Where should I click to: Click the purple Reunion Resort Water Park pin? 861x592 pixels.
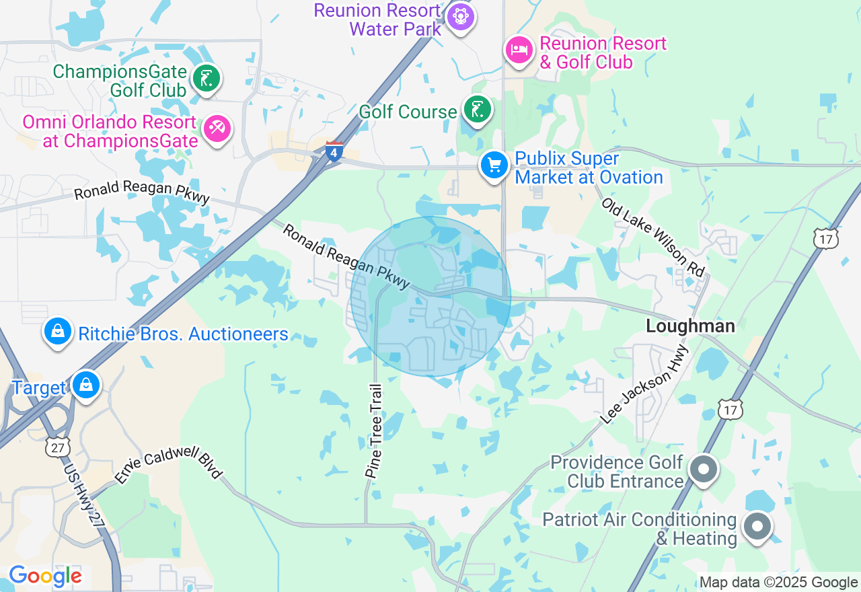click(x=460, y=15)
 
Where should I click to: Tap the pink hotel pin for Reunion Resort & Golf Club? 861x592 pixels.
click(x=519, y=50)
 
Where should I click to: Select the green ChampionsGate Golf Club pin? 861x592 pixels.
click(x=207, y=78)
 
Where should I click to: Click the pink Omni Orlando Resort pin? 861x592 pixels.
click(x=217, y=128)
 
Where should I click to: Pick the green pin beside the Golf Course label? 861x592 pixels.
click(x=477, y=108)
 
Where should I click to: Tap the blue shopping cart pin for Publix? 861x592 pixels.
click(x=494, y=165)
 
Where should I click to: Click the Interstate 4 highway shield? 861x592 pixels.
click(x=334, y=151)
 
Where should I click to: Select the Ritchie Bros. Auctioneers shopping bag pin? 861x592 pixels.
click(x=58, y=332)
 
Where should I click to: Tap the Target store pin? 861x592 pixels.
click(x=86, y=385)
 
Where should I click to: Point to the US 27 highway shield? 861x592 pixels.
click(x=58, y=447)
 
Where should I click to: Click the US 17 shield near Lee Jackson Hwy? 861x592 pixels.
click(x=730, y=409)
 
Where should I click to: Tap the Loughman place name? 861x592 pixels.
click(x=690, y=326)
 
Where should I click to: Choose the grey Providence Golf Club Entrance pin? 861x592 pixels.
click(x=704, y=469)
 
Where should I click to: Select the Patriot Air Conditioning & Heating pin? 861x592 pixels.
click(x=757, y=527)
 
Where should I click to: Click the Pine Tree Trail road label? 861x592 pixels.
click(x=374, y=431)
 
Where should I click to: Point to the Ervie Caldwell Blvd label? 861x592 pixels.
click(x=168, y=465)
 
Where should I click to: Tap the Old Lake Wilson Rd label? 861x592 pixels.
click(x=652, y=237)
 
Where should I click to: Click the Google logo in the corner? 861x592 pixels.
click(x=45, y=577)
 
